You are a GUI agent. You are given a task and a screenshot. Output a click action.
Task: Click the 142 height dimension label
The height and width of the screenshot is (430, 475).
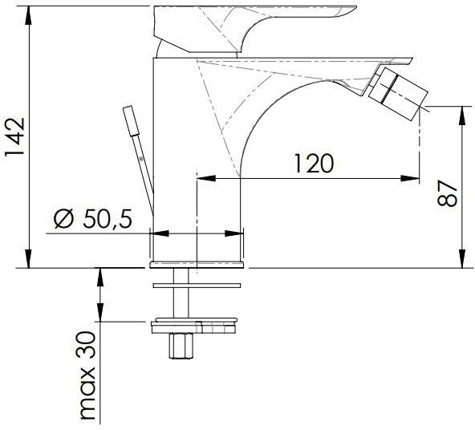pyautogui.click(x=14, y=136)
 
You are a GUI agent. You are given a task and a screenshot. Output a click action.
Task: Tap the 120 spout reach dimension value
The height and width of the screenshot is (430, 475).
pyautogui.click(x=314, y=164)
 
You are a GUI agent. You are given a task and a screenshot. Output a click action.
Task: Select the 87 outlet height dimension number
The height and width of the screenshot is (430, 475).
pyautogui.click(x=448, y=193)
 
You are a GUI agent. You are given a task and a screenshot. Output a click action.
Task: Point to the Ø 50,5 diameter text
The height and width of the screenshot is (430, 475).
pyautogui.click(x=93, y=219)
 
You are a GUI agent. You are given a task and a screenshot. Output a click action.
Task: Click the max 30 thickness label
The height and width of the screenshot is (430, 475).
pyautogui.click(x=87, y=375)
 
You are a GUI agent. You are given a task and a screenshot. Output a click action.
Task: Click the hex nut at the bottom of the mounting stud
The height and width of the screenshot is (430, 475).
pyautogui.click(x=181, y=346)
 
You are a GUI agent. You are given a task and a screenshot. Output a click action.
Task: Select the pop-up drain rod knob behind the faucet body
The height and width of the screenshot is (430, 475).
pyautogui.click(x=131, y=120)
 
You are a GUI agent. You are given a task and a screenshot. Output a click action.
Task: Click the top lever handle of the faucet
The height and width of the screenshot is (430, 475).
pyautogui.click(x=254, y=29)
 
